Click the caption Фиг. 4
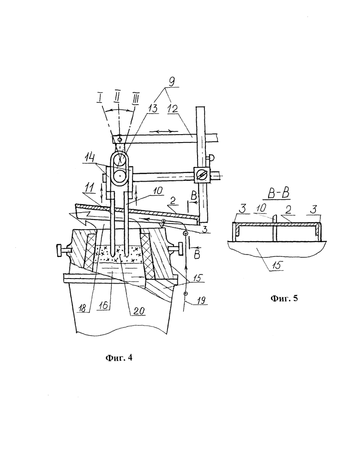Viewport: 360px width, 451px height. tap(119, 357)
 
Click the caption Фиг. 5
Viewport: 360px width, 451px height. tap(284, 298)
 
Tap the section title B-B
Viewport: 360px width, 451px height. tap(278, 194)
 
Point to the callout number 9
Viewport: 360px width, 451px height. tap(171, 82)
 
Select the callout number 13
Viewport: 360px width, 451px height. tap(153, 108)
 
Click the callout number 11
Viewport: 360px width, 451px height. tap(90, 188)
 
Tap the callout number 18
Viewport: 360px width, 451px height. tap(82, 308)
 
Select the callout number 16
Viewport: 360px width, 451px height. tap(103, 305)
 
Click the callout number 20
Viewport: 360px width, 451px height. tap(139, 311)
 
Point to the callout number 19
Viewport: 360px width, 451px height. tap(201, 300)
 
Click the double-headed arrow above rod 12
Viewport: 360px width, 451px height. tap(162, 131)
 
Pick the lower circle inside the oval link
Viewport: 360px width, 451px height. tap(119, 175)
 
